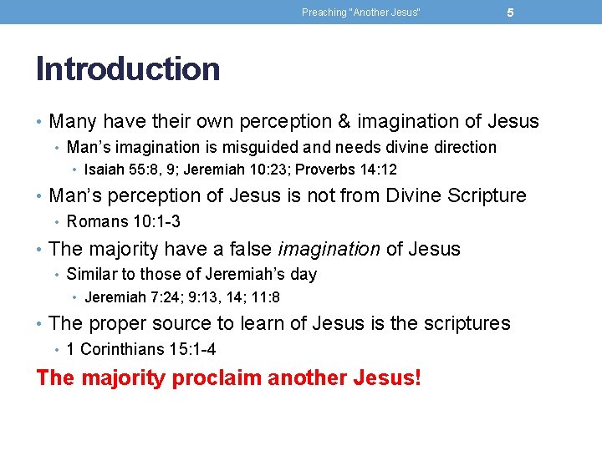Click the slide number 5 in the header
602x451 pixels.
pyautogui.click(x=510, y=13)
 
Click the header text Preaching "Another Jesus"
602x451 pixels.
pyautogui.click(x=361, y=13)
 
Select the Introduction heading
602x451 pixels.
pyautogui.click(x=128, y=68)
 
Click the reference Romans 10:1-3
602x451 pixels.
pyautogui.click(x=123, y=222)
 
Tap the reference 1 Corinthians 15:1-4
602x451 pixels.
pyautogui.click(x=140, y=350)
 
